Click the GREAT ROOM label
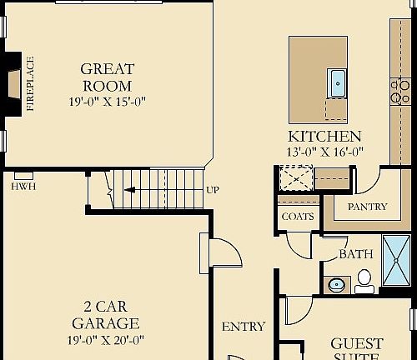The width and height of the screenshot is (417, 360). [106, 77]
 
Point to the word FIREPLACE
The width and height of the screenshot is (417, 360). [31, 83]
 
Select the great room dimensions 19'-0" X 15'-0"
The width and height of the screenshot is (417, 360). [107, 102]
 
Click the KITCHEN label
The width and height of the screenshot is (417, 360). [324, 137]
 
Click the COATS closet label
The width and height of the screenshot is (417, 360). [298, 217]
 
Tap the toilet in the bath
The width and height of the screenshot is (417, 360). [364, 281]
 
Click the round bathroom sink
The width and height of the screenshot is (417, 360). [336, 284]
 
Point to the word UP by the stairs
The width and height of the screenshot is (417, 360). [213, 190]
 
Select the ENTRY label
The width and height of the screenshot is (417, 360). [243, 327]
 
